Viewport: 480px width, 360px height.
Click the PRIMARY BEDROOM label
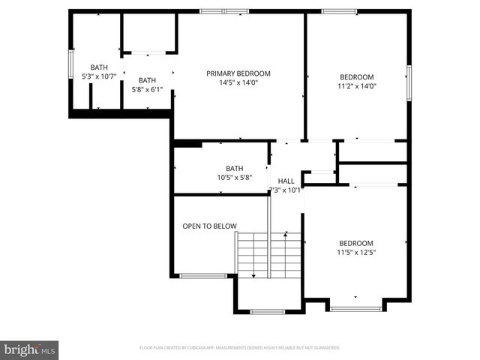238,73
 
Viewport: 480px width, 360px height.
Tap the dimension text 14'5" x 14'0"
238,83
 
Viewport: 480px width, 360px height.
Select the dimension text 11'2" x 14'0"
357,86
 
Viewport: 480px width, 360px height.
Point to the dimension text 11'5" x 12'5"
356,253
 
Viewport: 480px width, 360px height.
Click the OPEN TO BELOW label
210,226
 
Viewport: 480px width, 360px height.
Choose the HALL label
286,181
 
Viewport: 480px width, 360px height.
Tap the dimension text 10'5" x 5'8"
235,178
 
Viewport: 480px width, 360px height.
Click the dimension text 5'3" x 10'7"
99,76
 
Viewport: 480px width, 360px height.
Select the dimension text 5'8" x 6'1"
147,90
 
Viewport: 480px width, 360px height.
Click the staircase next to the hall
270,254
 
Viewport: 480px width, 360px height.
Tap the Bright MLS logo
30,349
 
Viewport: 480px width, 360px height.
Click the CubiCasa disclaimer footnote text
240,348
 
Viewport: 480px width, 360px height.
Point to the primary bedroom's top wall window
224,11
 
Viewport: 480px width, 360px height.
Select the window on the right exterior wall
409,81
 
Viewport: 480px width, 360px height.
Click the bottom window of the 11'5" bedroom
355,308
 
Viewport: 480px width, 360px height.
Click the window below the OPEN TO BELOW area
204,276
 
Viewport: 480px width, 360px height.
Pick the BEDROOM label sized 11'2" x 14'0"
357,76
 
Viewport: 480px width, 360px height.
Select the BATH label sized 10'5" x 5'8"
235,168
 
